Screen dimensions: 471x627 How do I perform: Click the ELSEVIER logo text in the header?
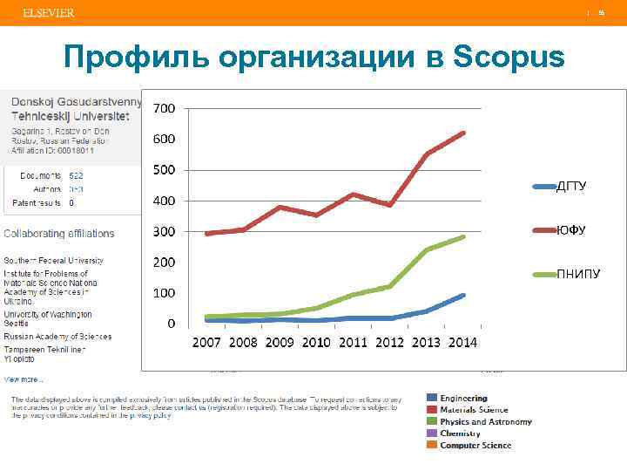(x=49, y=13)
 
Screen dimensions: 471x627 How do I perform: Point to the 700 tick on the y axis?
(x=165, y=108)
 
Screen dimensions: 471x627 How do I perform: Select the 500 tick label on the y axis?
(x=165, y=169)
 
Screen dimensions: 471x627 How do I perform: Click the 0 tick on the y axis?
(x=171, y=323)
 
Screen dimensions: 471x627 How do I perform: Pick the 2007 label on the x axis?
(x=206, y=342)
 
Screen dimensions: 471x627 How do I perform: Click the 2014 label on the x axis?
(x=462, y=342)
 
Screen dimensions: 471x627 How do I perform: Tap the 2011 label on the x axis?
(x=353, y=342)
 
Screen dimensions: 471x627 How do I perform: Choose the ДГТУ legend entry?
(x=570, y=186)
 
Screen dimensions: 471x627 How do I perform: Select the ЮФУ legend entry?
(x=570, y=230)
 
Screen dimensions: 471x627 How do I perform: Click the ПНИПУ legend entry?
(x=577, y=275)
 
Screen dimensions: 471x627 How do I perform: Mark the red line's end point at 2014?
(x=463, y=133)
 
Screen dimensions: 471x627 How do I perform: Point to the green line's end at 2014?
(x=463, y=236)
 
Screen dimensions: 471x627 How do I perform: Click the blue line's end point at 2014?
(x=463, y=296)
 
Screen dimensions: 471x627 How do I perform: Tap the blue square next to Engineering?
(x=431, y=399)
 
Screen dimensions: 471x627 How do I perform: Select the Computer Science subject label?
(x=475, y=446)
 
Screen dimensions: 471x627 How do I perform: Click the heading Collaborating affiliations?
(x=59, y=234)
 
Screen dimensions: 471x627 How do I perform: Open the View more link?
(x=24, y=379)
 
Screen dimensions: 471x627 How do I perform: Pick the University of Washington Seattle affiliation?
(x=48, y=318)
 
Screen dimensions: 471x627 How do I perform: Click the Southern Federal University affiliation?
(x=54, y=260)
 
